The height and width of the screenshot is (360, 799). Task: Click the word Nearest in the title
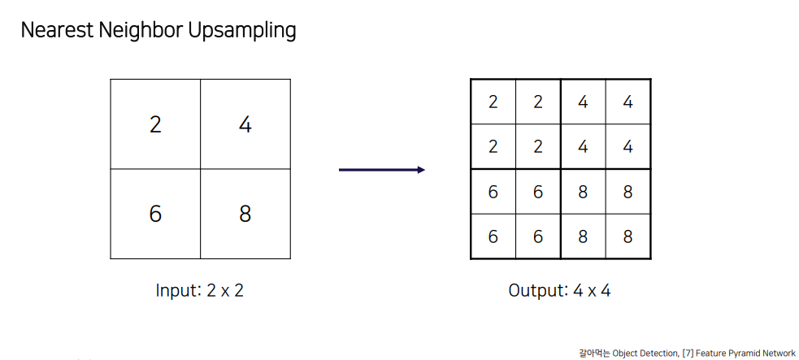click(57, 31)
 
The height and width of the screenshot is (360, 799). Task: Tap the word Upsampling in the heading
click(241, 32)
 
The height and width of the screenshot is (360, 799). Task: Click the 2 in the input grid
click(155, 124)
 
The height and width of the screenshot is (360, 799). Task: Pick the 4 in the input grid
click(245, 124)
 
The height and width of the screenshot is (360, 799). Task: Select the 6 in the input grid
click(155, 214)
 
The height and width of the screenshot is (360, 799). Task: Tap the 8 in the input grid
click(245, 214)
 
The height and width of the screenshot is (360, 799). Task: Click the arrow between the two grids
click(382, 170)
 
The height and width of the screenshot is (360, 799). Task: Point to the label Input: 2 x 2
click(200, 291)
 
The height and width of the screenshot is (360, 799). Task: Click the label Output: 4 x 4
click(559, 291)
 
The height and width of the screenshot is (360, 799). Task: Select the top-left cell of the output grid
click(493, 102)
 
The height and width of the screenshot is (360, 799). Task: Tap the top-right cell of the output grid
click(627, 102)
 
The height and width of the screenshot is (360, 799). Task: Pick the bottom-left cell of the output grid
click(493, 236)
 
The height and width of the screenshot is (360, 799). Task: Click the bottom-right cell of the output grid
click(627, 236)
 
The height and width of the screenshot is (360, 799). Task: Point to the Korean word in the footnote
click(595, 353)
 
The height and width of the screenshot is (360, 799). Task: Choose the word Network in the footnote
click(779, 353)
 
